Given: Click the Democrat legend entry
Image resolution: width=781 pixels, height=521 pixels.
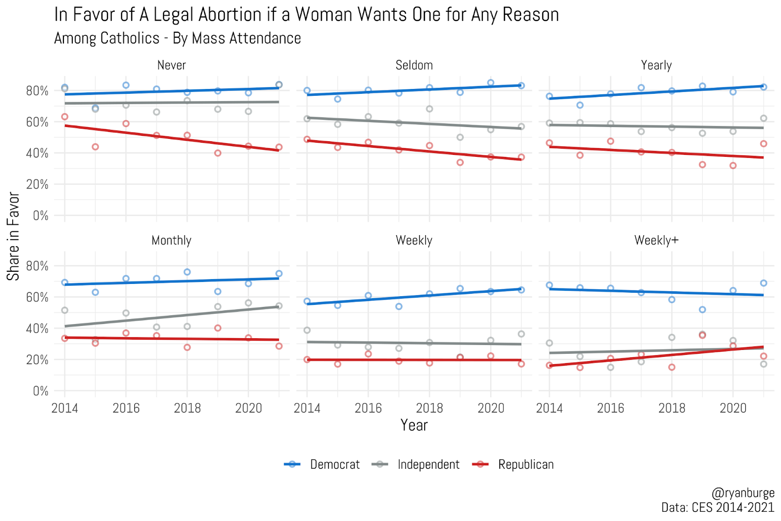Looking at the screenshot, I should pyautogui.click(x=322, y=464).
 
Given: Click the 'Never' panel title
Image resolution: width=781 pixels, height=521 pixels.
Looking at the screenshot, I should pyautogui.click(x=171, y=65).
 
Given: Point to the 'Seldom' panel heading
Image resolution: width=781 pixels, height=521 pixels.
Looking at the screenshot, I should pyautogui.click(x=414, y=65).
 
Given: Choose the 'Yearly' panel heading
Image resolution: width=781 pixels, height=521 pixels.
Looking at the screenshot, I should pyautogui.click(x=656, y=65).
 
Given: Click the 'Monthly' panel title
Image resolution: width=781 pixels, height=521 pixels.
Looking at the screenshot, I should pyautogui.click(x=171, y=240).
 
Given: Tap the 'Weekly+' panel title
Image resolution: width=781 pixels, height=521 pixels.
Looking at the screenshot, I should pyautogui.click(x=656, y=240).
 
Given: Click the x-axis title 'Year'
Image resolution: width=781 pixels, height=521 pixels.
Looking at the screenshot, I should pyautogui.click(x=414, y=425).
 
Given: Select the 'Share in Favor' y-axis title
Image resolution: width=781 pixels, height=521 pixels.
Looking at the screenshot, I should pyautogui.click(x=13, y=236).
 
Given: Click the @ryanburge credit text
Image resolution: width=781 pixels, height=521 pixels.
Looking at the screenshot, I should pyautogui.click(x=742, y=493).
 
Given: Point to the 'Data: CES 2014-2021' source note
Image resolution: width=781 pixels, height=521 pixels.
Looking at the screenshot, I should pyautogui.click(x=718, y=507).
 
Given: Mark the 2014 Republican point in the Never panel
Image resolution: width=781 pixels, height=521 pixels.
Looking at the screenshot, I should pyautogui.click(x=64, y=117).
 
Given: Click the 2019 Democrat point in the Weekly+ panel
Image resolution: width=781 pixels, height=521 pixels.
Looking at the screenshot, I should pyautogui.click(x=702, y=309).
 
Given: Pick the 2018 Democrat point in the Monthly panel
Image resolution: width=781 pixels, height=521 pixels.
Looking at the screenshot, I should pyautogui.click(x=187, y=272).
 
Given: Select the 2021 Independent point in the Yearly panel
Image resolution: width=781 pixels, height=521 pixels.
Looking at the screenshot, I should pyautogui.click(x=763, y=118).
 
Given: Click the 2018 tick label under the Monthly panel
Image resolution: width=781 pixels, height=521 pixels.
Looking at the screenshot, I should pyautogui.click(x=187, y=408).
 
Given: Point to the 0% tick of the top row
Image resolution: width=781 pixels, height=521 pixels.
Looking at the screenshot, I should pyautogui.click(x=41, y=216).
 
